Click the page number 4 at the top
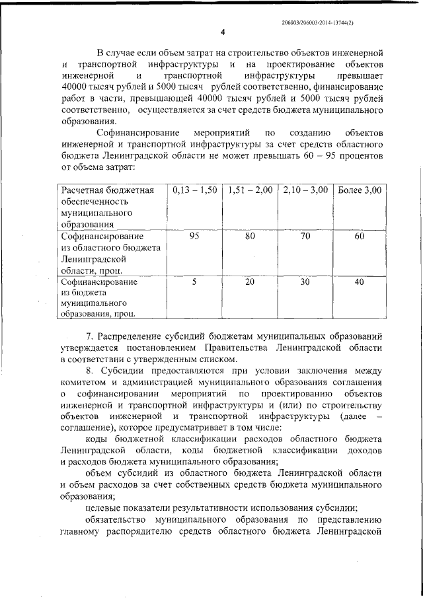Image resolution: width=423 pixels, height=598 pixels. (223, 32)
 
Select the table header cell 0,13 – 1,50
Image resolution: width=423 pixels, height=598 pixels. (194, 190)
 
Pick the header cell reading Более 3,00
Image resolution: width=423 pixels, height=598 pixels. (360, 190)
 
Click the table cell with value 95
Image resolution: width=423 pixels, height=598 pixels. (194, 235)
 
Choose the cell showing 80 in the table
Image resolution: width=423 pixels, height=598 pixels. (250, 235)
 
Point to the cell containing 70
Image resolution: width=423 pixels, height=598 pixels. (305, 235)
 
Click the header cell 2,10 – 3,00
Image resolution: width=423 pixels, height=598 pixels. (305, 190)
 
